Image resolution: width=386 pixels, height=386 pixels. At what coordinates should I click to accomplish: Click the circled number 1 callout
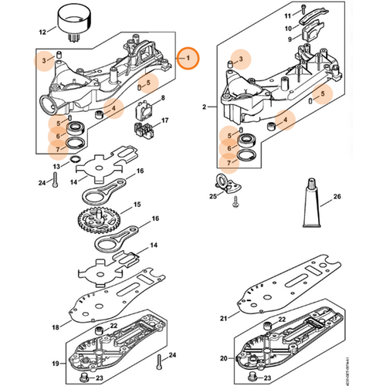tap(188, 58)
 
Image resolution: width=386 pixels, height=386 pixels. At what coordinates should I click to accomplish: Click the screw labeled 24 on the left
tap(57, 181)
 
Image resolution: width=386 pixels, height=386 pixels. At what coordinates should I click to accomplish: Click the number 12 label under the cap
tap(42, 32)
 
